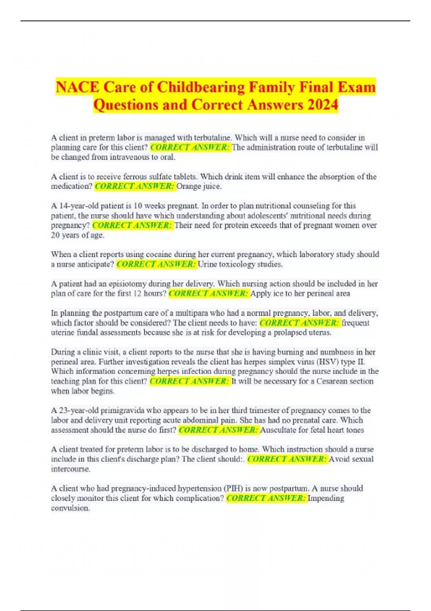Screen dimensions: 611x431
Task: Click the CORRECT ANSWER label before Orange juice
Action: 135,186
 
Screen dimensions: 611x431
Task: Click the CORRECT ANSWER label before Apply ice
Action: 208,293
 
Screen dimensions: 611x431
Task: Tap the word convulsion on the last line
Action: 70,508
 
